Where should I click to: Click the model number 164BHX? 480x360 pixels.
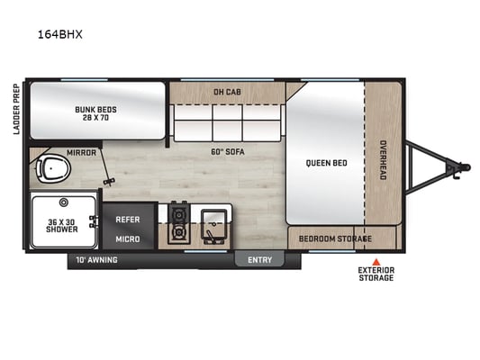(x=60, y=34)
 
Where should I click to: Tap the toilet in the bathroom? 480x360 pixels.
(x=53, y=169)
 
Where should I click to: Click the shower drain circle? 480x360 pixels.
(x=64, y=202)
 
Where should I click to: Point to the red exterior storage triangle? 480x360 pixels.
(x=376, y=262)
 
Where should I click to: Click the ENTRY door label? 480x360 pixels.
(x=260, y=260)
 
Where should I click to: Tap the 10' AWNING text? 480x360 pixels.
(x=96, y=260)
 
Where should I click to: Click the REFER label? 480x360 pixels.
(x=128, y=220)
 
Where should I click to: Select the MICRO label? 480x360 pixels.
(x=128, y=239)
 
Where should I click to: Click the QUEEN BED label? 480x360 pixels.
(x=327, y=163)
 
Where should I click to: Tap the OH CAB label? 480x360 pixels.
(x=227, y=92)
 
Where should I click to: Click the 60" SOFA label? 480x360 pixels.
(x=228, y=152)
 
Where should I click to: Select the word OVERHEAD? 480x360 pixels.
(x=383, y=160)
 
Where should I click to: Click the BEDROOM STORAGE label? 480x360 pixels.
(x=335, y=238)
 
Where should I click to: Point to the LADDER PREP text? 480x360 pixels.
(x=16, y=109)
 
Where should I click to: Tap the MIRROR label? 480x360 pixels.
(x=81, y=153)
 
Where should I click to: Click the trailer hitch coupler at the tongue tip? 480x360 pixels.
(x=465, y=167)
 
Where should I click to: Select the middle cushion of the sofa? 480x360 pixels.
(x=228, y=123)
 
